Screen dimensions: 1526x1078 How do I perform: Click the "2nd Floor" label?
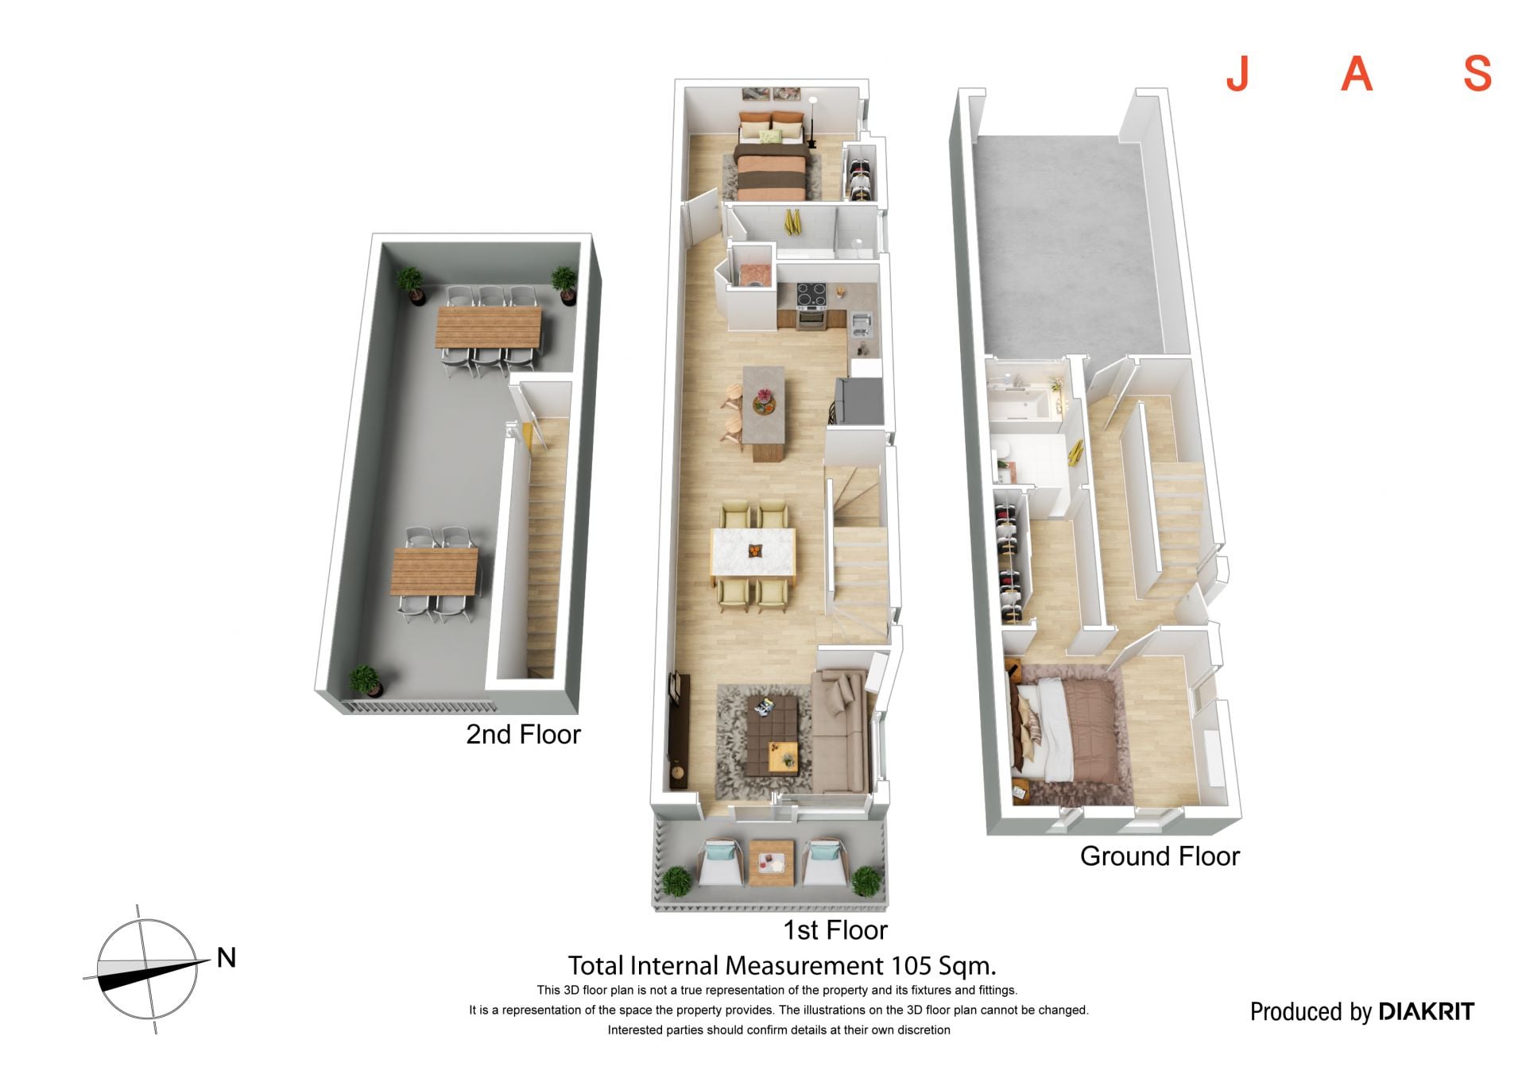pos(523,734)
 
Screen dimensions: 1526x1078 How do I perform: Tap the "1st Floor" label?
pos(835,929)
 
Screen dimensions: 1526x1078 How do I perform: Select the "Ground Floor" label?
pos(1160,856)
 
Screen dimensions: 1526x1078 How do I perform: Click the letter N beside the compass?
pos(227,958)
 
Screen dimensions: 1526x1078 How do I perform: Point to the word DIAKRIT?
pos(1426,1011)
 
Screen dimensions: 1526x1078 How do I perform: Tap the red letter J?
pos(1237,75)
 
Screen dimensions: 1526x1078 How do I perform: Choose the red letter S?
pos(1478,74)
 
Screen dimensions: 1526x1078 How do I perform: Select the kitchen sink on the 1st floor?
pos(862,323)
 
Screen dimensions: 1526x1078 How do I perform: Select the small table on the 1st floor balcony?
pos(771,863)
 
